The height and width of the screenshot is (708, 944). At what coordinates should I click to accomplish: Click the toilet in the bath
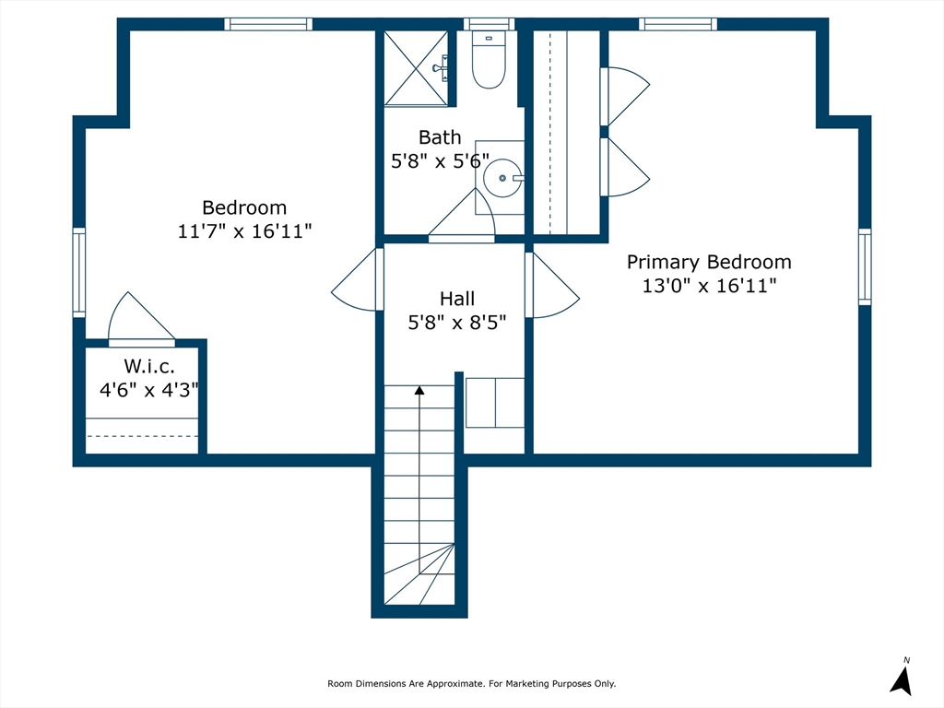pyautogui.click(x=489, y=60)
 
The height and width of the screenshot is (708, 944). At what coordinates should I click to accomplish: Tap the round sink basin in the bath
pyautogui.click(x=502, y=178)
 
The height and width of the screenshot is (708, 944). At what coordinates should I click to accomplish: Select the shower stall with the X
pyautogui.click(x=416, y=68)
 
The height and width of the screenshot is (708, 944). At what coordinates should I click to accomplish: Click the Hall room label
pyautogui.click(x=457, y=299)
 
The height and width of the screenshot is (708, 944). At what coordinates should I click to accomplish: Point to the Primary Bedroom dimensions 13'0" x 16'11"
pyautogui.click(x=709, y=286)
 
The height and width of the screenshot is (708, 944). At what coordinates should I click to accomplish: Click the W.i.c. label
pyautogui.click(x=149, y=366)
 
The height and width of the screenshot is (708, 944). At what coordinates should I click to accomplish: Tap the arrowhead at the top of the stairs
pyautogui.click(x=419, y=391)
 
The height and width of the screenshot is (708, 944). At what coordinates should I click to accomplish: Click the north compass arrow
pyautogui.click(x=902, y=680)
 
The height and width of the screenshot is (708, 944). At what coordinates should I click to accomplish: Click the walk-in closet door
pyautogui.click(x=141, y=319)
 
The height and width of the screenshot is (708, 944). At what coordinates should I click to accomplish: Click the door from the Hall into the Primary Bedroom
pyautogui.click(x=552, y=285)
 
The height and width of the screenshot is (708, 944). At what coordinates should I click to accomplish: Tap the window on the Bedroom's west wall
pyautogui.click(x=79, y=272)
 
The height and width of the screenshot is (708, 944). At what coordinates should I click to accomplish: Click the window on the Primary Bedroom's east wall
pyautogui.click(x=865, y=266)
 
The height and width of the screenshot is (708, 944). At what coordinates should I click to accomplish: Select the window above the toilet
pyautogui.click(x=489, y=24)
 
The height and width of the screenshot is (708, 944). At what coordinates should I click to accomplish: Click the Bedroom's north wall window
pyautogui.click(x=268, y=24)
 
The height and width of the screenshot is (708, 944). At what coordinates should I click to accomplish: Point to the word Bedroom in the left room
pyautogui.click(x=244, y=207)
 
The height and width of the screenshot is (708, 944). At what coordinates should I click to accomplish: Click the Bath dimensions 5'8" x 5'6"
pyautogui.click(x=440, y=161)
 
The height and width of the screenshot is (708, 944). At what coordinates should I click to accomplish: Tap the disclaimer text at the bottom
pyautogui.click(x=471, y=683)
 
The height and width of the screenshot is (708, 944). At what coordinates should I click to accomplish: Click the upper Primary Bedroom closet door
pyautogui.click(x=624, y=96)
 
